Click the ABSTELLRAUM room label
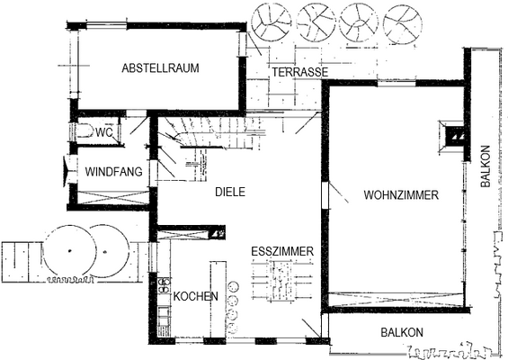(x=160, y=67)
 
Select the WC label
(x=104, y=133)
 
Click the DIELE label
(x=230, y=191)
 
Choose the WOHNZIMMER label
(x=401, y=194)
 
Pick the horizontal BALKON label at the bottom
(x=401, y=332)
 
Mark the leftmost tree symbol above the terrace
(x=270, y=20)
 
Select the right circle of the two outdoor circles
(x=111, y=251)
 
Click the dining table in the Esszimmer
(x=281, y=279)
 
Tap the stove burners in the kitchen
(x=165, y=289)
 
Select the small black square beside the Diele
(x=216, y=232)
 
